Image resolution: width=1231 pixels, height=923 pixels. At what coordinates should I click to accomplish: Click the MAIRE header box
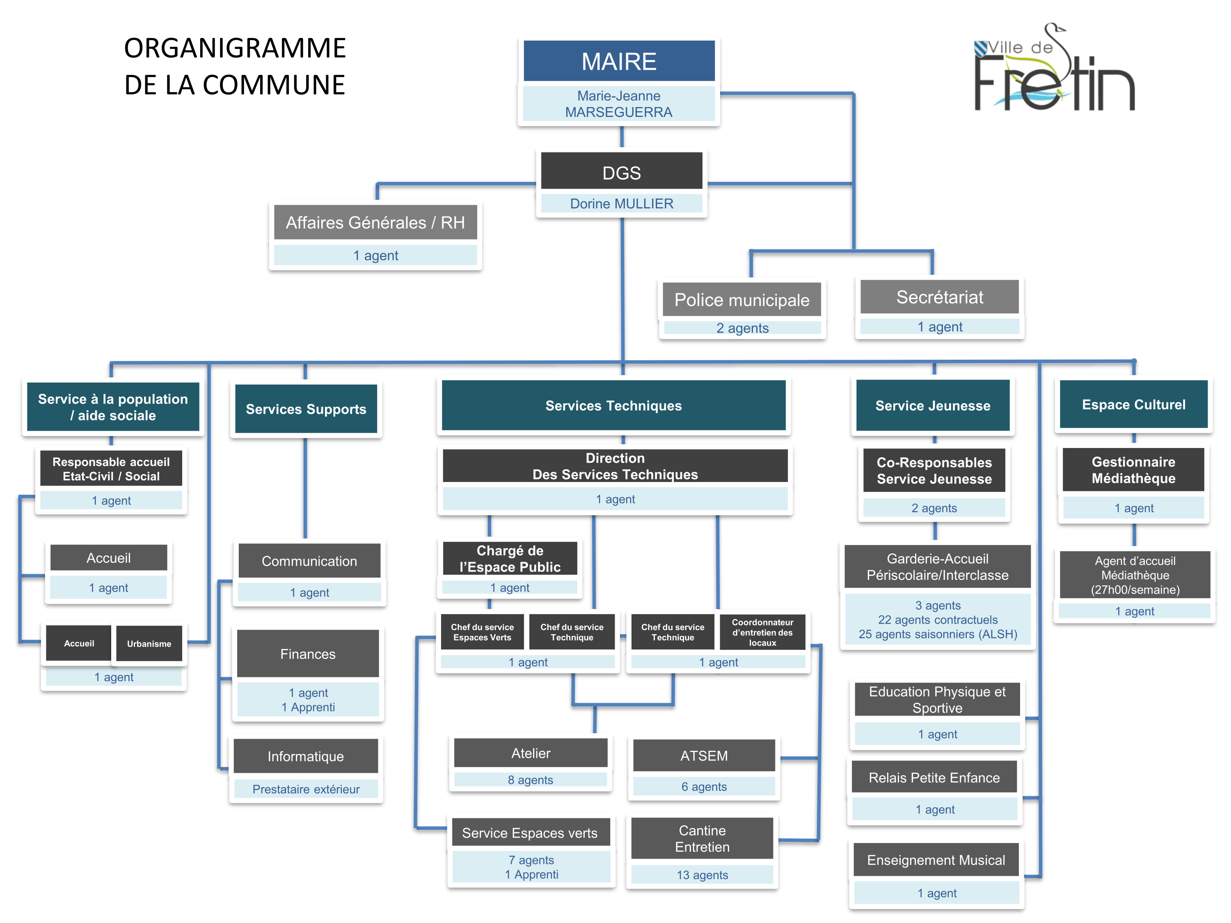[x=619, y=61]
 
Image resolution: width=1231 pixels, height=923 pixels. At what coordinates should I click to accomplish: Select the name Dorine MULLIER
[x=621, y=203]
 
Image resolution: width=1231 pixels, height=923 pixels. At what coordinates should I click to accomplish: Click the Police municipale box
[x=741, y=300]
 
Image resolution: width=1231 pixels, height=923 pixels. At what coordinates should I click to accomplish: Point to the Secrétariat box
[x=939, y=297]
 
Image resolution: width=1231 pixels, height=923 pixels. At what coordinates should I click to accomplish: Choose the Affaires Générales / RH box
[x=375, y=222]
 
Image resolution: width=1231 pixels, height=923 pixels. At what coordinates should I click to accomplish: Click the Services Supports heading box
[x=306, y=409]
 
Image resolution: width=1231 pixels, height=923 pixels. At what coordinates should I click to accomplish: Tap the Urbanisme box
[x=149, y=644]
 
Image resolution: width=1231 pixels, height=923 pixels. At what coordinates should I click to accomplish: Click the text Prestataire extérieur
[x=306, y=789]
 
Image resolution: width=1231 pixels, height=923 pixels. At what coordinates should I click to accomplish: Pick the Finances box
[x=308, y=654]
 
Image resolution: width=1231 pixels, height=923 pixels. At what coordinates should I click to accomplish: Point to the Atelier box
[x=530, y=753]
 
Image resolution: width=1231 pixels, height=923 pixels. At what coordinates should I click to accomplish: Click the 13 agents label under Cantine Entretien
[x=702, y=875]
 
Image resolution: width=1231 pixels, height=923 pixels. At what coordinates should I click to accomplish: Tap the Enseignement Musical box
[x=936, y=860]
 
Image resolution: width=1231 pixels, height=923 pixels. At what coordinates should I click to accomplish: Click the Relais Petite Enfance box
[x=934, y=778]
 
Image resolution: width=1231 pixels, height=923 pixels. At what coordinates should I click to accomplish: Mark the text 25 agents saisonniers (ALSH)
[x=938, y=634]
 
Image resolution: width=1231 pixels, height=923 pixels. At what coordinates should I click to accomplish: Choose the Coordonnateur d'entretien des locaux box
[x=762, y=633]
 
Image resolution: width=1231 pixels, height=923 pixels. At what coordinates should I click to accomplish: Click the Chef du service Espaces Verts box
[x=482, y=632]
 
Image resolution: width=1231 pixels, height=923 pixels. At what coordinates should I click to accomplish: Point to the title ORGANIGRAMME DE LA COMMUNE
[x=234, y=66]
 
